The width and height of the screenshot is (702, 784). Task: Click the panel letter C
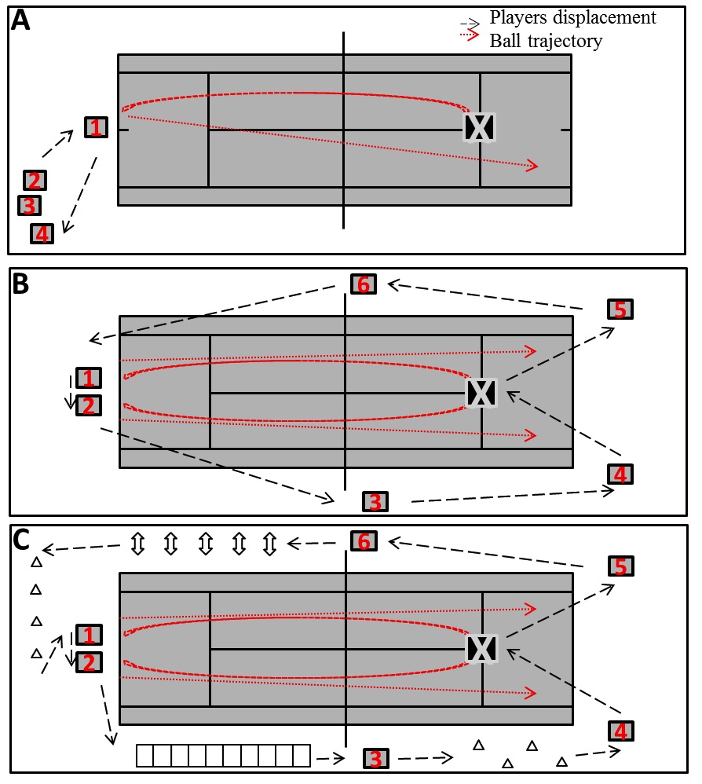click(22, 540)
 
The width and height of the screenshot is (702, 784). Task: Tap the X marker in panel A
click(479, 127)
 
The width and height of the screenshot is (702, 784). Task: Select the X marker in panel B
click(481, 391)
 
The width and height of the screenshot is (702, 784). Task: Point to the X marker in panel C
click(481, 649)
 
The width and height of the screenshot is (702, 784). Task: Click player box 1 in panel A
click(96, 127)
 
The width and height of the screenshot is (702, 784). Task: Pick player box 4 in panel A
click(42, 233)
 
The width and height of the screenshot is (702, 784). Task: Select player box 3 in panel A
click(29, 206)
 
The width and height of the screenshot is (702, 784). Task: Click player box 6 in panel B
click(363, 284)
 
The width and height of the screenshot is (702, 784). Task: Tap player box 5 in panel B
click(620, 310)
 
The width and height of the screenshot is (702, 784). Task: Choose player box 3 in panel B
click(375, 501)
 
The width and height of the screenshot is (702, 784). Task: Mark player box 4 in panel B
click(620, 474)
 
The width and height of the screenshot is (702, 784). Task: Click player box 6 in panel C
click(363, 541)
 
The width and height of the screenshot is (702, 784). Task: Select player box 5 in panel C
click(620, 566)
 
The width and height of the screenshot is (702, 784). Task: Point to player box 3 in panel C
click(375, 759)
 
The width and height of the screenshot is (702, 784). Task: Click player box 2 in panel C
click(89, 662)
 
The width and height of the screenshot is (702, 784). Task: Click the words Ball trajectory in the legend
click(546, 41)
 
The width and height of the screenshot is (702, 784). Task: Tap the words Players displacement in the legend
click(572, 17)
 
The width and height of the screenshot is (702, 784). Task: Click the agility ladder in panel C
click(224, 756)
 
